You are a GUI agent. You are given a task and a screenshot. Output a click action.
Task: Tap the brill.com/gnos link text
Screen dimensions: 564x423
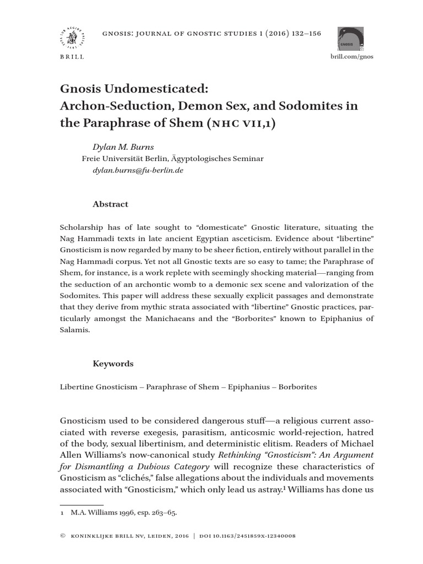[x=351, y=57]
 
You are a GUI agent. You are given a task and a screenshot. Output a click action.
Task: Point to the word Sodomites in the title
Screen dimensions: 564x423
[x=311, y=106]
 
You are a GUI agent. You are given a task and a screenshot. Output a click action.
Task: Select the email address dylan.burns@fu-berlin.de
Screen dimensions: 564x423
[x=138, y=171]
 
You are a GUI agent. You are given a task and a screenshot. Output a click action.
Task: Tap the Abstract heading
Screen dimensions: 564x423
[x=110, y=204]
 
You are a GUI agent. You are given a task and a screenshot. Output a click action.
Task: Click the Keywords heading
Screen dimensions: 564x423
[x=113, y=364]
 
